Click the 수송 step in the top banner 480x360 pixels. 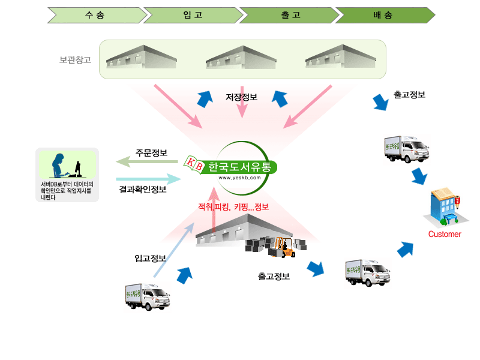(95, 15)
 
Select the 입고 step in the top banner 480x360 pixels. (191, 15)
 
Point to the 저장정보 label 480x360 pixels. (242, 97)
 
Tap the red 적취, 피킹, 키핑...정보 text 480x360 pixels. (233, 208)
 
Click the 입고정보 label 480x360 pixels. (150, 259)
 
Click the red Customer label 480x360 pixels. (445, 234)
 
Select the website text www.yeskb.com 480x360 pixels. (239, 178)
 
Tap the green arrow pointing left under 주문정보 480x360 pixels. (147, 162)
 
